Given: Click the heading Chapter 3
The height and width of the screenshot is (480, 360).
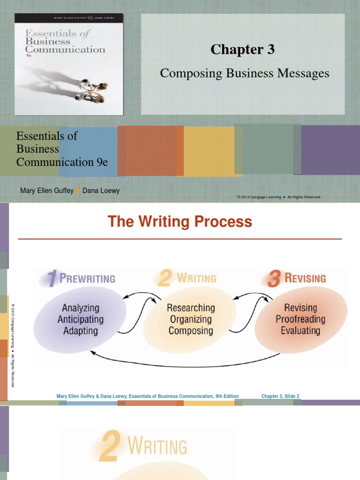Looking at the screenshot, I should (242, 50).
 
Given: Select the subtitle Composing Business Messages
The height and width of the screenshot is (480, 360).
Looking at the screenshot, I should (245, 74).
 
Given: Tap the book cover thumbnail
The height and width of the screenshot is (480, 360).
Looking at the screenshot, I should (69, 64).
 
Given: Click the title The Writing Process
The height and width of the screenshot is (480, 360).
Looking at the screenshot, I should (180, 222).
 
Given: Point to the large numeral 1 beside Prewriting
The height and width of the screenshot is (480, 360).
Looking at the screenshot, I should (53, 279).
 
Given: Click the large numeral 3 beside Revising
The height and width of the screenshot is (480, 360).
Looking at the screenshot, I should (274, 279).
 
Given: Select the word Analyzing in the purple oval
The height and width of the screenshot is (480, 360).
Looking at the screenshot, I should (81, 308).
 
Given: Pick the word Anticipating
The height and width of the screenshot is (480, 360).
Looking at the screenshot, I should (81, 319).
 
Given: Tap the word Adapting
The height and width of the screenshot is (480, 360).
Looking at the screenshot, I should (81, 330).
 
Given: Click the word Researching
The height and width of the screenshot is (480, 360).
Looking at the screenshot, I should (191, 308).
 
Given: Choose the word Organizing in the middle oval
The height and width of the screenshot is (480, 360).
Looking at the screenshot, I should (191, 319).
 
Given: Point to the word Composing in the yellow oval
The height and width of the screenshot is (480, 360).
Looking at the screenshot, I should (191, 330).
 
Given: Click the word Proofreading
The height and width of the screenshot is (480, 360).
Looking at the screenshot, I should (300, 319).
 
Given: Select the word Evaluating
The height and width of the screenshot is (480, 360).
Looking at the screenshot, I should (300, 330).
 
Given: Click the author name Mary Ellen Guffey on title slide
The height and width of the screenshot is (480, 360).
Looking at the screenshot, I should (47, 191).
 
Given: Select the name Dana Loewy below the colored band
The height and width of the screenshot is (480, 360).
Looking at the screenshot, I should (101, 191).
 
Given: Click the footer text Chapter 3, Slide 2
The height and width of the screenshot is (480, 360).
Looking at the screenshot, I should (280, 396).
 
